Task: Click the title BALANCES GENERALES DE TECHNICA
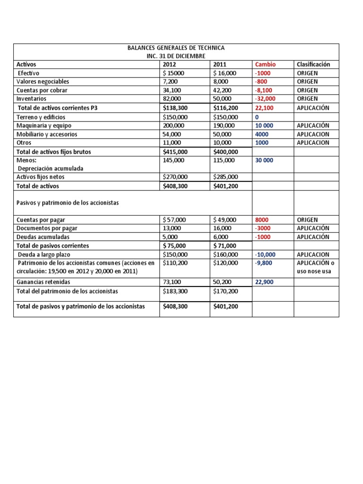tap(176, 48)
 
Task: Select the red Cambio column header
tap(265, 64)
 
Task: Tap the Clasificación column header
tap(313, 64)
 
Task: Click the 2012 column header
tap(169, 64)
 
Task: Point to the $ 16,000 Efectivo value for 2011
tap(225, 73)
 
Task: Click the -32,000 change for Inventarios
tap(265, 99)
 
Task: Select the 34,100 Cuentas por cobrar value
tap(172, 90)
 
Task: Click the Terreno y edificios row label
tap(41, 117)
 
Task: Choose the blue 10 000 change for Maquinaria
tap(265, 126)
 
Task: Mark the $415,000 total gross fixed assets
tap(175, 152)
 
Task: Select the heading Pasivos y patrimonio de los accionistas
tap(68, 202)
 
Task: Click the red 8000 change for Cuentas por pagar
tap(262, 220)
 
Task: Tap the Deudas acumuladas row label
tap(43, 237)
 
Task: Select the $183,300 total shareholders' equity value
tap(175, 291)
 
